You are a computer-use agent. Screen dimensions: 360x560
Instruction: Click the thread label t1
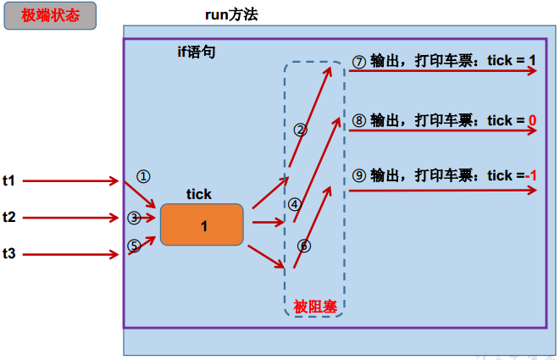9,180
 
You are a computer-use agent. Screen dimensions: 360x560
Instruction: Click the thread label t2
9,217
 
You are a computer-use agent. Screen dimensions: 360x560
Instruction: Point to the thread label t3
9,252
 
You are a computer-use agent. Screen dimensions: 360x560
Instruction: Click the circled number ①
143,176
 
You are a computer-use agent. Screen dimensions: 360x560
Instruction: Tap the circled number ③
134,218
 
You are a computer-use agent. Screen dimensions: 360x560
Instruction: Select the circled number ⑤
134,246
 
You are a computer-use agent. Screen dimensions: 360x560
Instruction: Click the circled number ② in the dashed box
300,130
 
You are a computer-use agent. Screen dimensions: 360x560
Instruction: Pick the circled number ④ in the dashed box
294,204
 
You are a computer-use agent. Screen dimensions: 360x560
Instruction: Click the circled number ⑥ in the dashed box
304,246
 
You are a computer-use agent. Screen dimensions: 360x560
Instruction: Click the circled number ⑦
359,62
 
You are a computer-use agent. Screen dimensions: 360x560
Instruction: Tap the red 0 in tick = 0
532,121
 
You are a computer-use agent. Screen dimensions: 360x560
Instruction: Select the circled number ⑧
359,121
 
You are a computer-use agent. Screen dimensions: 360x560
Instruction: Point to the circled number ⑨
359,175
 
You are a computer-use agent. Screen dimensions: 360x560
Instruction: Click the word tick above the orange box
199,195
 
